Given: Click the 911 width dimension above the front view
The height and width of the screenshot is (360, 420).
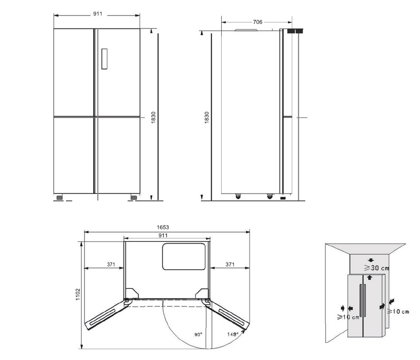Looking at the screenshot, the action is tap(98, 14).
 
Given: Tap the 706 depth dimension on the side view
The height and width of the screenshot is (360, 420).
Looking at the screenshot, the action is tap(258, 22).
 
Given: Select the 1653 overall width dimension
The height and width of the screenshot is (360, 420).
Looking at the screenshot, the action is tap(163, 227).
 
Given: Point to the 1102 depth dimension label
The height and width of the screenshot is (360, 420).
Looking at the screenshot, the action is tap(78, 294).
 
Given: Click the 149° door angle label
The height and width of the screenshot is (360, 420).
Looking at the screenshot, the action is tap(233, 334).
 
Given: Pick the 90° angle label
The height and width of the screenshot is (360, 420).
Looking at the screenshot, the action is tap(198, 335).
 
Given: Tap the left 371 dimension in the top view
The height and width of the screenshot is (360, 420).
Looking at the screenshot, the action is tap(111, 265).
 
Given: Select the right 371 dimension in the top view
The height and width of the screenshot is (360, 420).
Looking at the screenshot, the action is tap(230, 265).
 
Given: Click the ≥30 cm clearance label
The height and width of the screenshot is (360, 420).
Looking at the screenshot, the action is tap(376, 267).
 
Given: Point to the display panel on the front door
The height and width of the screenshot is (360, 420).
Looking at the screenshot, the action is tap(105, 59).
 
